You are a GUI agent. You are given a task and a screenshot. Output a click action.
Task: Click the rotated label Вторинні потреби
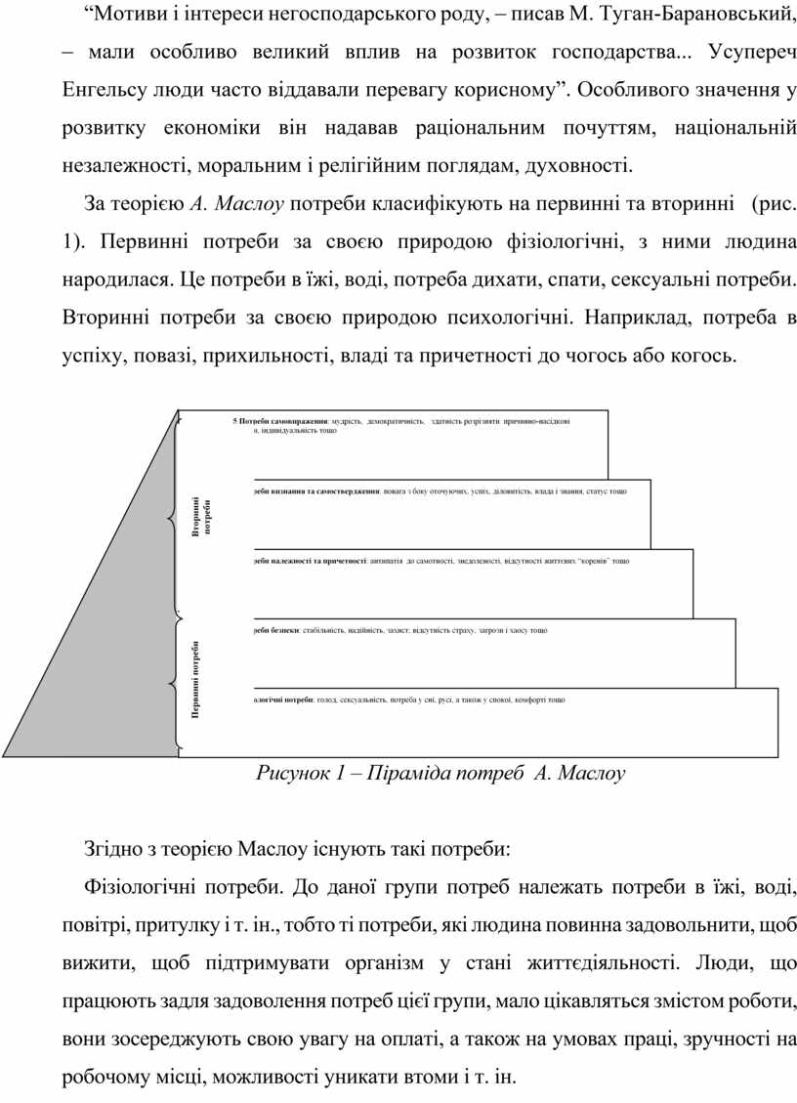[x=200, y=516]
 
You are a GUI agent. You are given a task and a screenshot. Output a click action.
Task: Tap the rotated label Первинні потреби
[x=196, y=681]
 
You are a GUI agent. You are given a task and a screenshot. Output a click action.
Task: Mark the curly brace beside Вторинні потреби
[x=177, y=512]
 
